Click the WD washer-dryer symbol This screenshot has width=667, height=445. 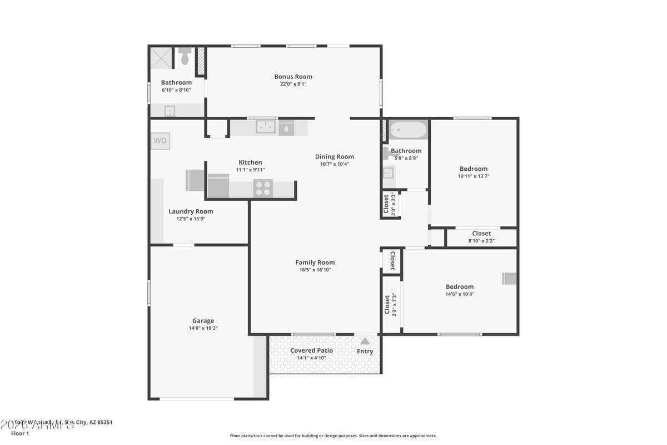[160, 141]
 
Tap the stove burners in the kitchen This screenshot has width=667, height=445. [263, 188]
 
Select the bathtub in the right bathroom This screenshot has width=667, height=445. [407, 131]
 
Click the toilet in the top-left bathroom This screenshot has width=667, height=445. [185, 56]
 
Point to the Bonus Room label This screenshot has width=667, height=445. [293, 77]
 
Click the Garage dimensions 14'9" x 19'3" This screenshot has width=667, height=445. [203, 328]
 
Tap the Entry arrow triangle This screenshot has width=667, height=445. [365, 341]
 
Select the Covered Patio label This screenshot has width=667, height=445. [311, 350]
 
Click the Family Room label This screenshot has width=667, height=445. [315, 263]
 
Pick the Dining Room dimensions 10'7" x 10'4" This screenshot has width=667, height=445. [334, 164]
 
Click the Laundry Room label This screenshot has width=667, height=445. [191, 211]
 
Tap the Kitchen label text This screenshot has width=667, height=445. [250, 162]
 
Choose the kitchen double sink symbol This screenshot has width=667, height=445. [266, 127]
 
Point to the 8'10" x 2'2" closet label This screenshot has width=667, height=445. [481, 241]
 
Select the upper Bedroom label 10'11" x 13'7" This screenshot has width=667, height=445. [474, 169]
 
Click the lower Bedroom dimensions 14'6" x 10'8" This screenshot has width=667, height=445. [459, 294]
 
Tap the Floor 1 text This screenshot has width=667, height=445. [19, 433]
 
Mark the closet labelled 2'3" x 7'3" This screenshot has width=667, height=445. [391, 304]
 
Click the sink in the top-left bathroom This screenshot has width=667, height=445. [170, 111]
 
